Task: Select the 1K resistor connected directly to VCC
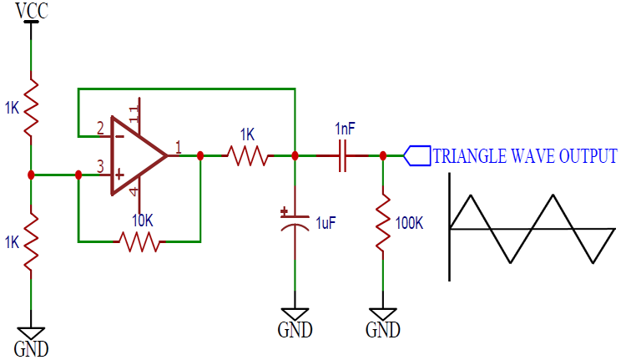(31, 107)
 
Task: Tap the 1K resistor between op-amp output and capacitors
(247, 155)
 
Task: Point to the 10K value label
(143, 221)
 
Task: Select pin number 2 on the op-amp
(100, 128)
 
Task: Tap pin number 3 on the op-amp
(100, 167)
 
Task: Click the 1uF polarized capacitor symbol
(295, 221)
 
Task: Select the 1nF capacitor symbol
(342, 155)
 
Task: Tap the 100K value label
(411, 224)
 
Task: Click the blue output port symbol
(417, 155)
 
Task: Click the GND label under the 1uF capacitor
(295, 330)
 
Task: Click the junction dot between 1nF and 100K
(383, 155)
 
